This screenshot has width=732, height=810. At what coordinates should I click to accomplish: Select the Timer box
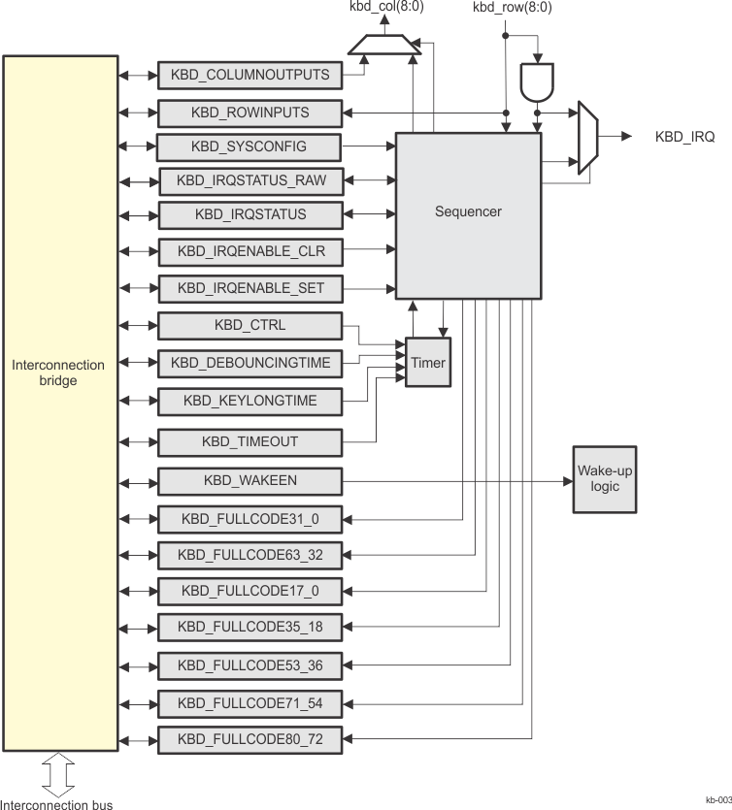[427, 363]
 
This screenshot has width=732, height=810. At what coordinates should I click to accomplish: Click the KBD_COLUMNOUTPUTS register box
[250, 75]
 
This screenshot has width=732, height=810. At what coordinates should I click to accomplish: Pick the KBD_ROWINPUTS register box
[250, 113]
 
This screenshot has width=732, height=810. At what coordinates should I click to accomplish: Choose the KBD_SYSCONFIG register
[250, 146]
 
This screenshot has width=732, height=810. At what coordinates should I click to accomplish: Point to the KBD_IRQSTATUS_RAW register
[250, 180]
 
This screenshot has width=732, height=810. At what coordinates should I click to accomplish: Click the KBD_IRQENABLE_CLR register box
[250, 252]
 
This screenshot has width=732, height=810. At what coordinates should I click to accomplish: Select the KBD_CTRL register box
[250, 325]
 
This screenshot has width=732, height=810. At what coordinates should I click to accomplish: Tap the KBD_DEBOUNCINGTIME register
[250, 363]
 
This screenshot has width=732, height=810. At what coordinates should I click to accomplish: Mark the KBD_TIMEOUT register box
[250, 441]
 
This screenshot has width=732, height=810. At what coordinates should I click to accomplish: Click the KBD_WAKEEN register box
[250, 480]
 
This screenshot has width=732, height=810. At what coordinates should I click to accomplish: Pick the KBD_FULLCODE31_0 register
[250, 520]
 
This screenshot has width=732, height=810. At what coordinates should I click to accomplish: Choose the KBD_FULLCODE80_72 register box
[250, 740]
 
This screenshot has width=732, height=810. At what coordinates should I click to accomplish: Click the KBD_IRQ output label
[684, 138]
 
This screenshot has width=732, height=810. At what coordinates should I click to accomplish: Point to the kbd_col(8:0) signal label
[380, 8]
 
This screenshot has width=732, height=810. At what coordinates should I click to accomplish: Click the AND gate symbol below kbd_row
[535, 83]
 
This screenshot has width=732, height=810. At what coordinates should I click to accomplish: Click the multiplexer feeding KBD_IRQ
[587, 138]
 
